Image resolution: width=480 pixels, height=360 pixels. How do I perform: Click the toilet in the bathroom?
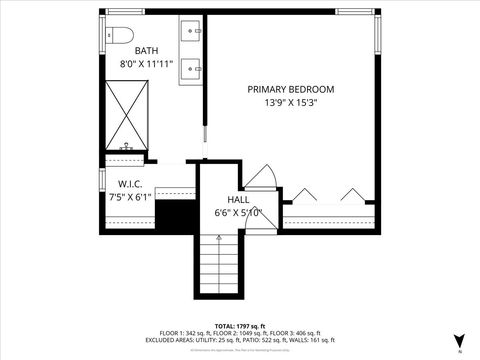(121, 35)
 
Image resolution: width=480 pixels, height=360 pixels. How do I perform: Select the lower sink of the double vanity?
(191, 68)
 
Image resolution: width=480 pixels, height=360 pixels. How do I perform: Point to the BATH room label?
(147, 51)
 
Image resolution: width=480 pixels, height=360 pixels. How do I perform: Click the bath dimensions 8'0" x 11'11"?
(147, 64)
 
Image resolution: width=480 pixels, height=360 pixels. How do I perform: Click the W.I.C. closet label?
(131, 184)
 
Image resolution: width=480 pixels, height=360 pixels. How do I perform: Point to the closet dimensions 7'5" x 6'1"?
(131, 197)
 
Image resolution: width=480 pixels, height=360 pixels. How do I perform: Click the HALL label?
(238, 199)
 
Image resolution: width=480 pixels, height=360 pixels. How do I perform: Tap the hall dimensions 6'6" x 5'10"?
(238, 212)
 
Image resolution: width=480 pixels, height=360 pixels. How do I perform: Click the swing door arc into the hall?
(259, 178)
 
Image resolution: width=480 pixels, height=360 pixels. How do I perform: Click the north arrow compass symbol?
(458, 340)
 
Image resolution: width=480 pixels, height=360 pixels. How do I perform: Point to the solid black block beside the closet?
(176, 215)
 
